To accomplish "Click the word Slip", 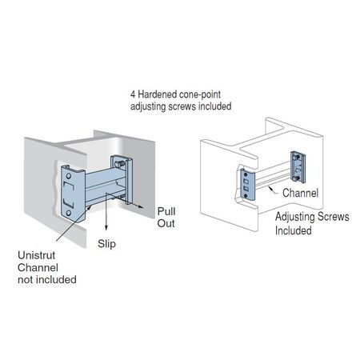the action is point(106,244).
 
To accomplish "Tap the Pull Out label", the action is point(166,218).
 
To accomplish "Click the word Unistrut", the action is point(37,255).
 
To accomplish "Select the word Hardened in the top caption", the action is point(158,94).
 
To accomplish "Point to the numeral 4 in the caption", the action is point(133,94).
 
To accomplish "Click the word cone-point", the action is point(200,94).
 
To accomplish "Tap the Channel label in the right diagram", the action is point(300,193).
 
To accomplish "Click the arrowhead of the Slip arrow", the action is point(106,227).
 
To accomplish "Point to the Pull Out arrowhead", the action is point(141,207).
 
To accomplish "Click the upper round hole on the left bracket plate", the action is point(69,176).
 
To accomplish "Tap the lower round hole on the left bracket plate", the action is point(69,213).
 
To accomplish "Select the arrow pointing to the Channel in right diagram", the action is point(274,190).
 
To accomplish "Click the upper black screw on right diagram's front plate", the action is point(246,174).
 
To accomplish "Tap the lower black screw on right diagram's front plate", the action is point(246,196).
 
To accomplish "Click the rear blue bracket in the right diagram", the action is point(298,167).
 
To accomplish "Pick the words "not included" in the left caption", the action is point(47,279).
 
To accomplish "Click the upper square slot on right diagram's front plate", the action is point(246,182).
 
